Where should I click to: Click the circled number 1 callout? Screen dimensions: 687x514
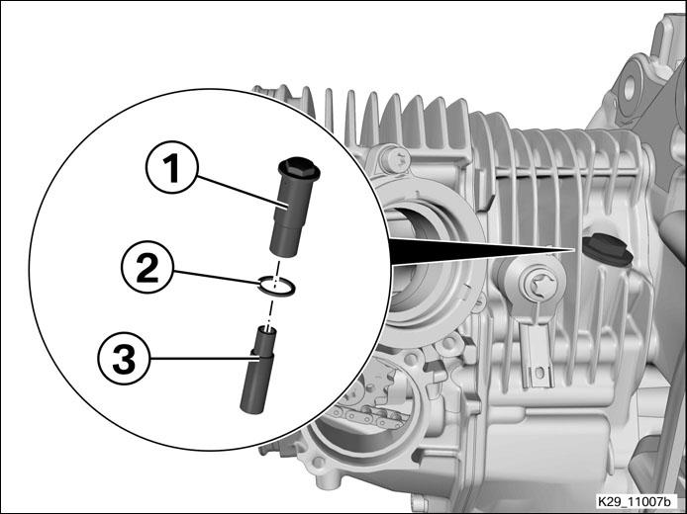(x=172, y=167)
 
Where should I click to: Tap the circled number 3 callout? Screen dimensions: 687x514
(x=124, y=358)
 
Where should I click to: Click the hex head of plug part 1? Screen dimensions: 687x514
(x=299, y=167)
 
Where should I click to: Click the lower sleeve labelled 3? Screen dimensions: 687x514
(x=258, y=370)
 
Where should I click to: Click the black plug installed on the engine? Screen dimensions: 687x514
(x=607, y=250)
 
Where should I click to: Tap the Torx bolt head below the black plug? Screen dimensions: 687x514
(x=539, y=286)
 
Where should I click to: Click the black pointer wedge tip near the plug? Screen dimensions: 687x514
(x=572, y=250)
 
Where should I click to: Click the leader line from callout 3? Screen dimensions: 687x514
(x=204, y=358)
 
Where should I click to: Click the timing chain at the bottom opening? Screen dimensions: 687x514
(x=368, y=416)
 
